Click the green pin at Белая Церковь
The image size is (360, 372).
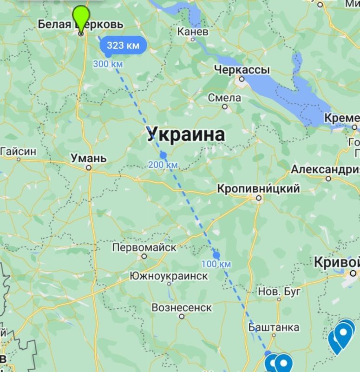81,19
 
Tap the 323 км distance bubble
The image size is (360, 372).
123,46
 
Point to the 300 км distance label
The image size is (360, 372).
108,64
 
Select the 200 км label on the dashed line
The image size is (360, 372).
163,165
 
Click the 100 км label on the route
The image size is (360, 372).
216,264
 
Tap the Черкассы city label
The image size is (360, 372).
242,70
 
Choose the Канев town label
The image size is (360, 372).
193,32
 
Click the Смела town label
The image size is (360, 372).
224,98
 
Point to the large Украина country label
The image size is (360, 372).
186,134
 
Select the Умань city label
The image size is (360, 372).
88,158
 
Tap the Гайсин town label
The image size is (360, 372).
18,151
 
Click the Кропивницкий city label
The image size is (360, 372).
259,189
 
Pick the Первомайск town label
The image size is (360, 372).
144,247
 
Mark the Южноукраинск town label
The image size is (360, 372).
169,276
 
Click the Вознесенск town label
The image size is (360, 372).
182,307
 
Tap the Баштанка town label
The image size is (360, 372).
274,327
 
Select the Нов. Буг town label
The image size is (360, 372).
280,292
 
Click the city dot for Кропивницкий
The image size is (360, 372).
259,199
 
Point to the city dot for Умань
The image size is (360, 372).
88,168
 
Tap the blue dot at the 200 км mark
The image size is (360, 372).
163,155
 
